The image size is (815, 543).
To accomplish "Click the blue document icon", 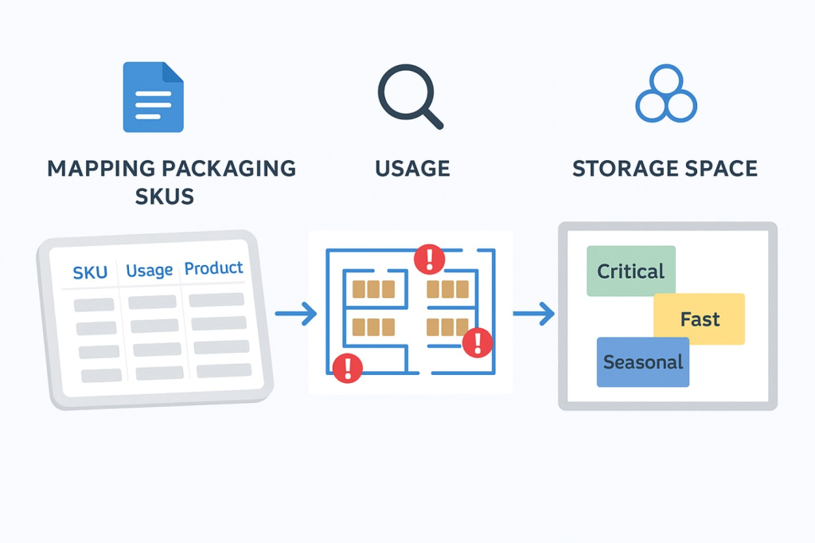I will pos(153,96).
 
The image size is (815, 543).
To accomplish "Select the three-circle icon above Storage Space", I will pos(666,95).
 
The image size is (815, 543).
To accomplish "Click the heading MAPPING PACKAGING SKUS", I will pos(171,182).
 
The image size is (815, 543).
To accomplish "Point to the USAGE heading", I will pos(411,169).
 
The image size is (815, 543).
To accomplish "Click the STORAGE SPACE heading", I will pos(665,169).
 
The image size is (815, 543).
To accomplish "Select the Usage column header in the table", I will pos(150,271).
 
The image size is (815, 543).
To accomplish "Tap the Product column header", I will pos(214,268).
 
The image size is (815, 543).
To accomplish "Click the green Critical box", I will pos(630,271).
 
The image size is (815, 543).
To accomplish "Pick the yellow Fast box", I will pos(700,319).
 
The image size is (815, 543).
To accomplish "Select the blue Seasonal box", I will pos(642,362).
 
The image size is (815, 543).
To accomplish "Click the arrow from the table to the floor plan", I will pos(296,314).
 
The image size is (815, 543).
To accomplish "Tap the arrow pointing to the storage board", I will pos(533,314).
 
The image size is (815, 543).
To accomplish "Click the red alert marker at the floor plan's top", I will pos(430,258).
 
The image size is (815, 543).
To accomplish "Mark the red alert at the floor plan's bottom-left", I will pos(347,367).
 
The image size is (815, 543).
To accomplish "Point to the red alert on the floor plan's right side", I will pos(478,342).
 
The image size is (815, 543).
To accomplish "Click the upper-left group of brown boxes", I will pos(373,289).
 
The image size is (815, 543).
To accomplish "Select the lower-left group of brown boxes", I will pos(373,326).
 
